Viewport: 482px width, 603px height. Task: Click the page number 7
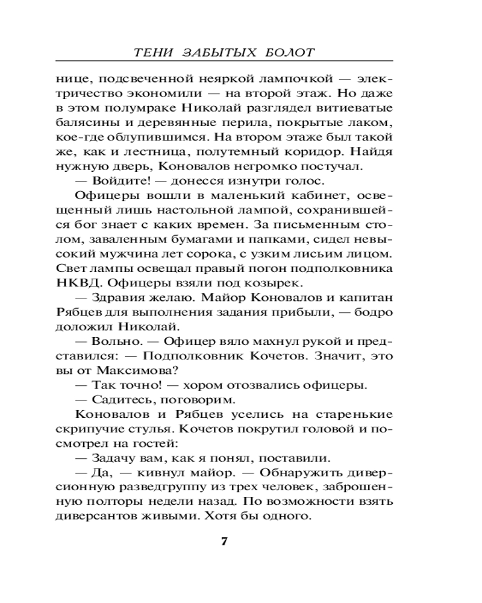(x=223, y=541)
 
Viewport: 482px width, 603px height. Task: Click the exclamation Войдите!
(x=120, y=180)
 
